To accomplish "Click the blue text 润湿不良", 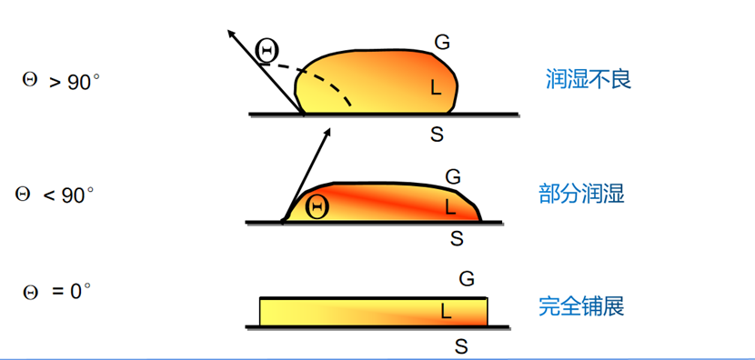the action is (589, 79).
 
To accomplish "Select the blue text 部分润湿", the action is (581, 194).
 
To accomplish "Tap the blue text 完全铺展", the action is (581, 306).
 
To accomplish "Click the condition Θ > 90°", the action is (61, 81).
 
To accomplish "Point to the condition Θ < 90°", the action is (55, 195).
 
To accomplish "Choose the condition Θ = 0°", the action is (56, 291).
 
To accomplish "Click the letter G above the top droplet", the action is (442, 43).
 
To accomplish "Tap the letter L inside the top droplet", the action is (436, 87).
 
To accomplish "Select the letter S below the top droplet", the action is (437, 135).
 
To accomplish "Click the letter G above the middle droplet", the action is (453, 177).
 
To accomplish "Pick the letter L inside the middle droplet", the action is (450, 207).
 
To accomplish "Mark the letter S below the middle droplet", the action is (457, 238).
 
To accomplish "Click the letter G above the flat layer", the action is (467, 279).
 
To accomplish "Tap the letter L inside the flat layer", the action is (447, 313).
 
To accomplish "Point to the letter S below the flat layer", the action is (461, 346).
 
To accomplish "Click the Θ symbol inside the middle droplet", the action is (317, 207).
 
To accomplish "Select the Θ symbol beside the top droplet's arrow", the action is (267, 51).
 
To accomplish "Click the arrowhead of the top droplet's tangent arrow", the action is (231, 34).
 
